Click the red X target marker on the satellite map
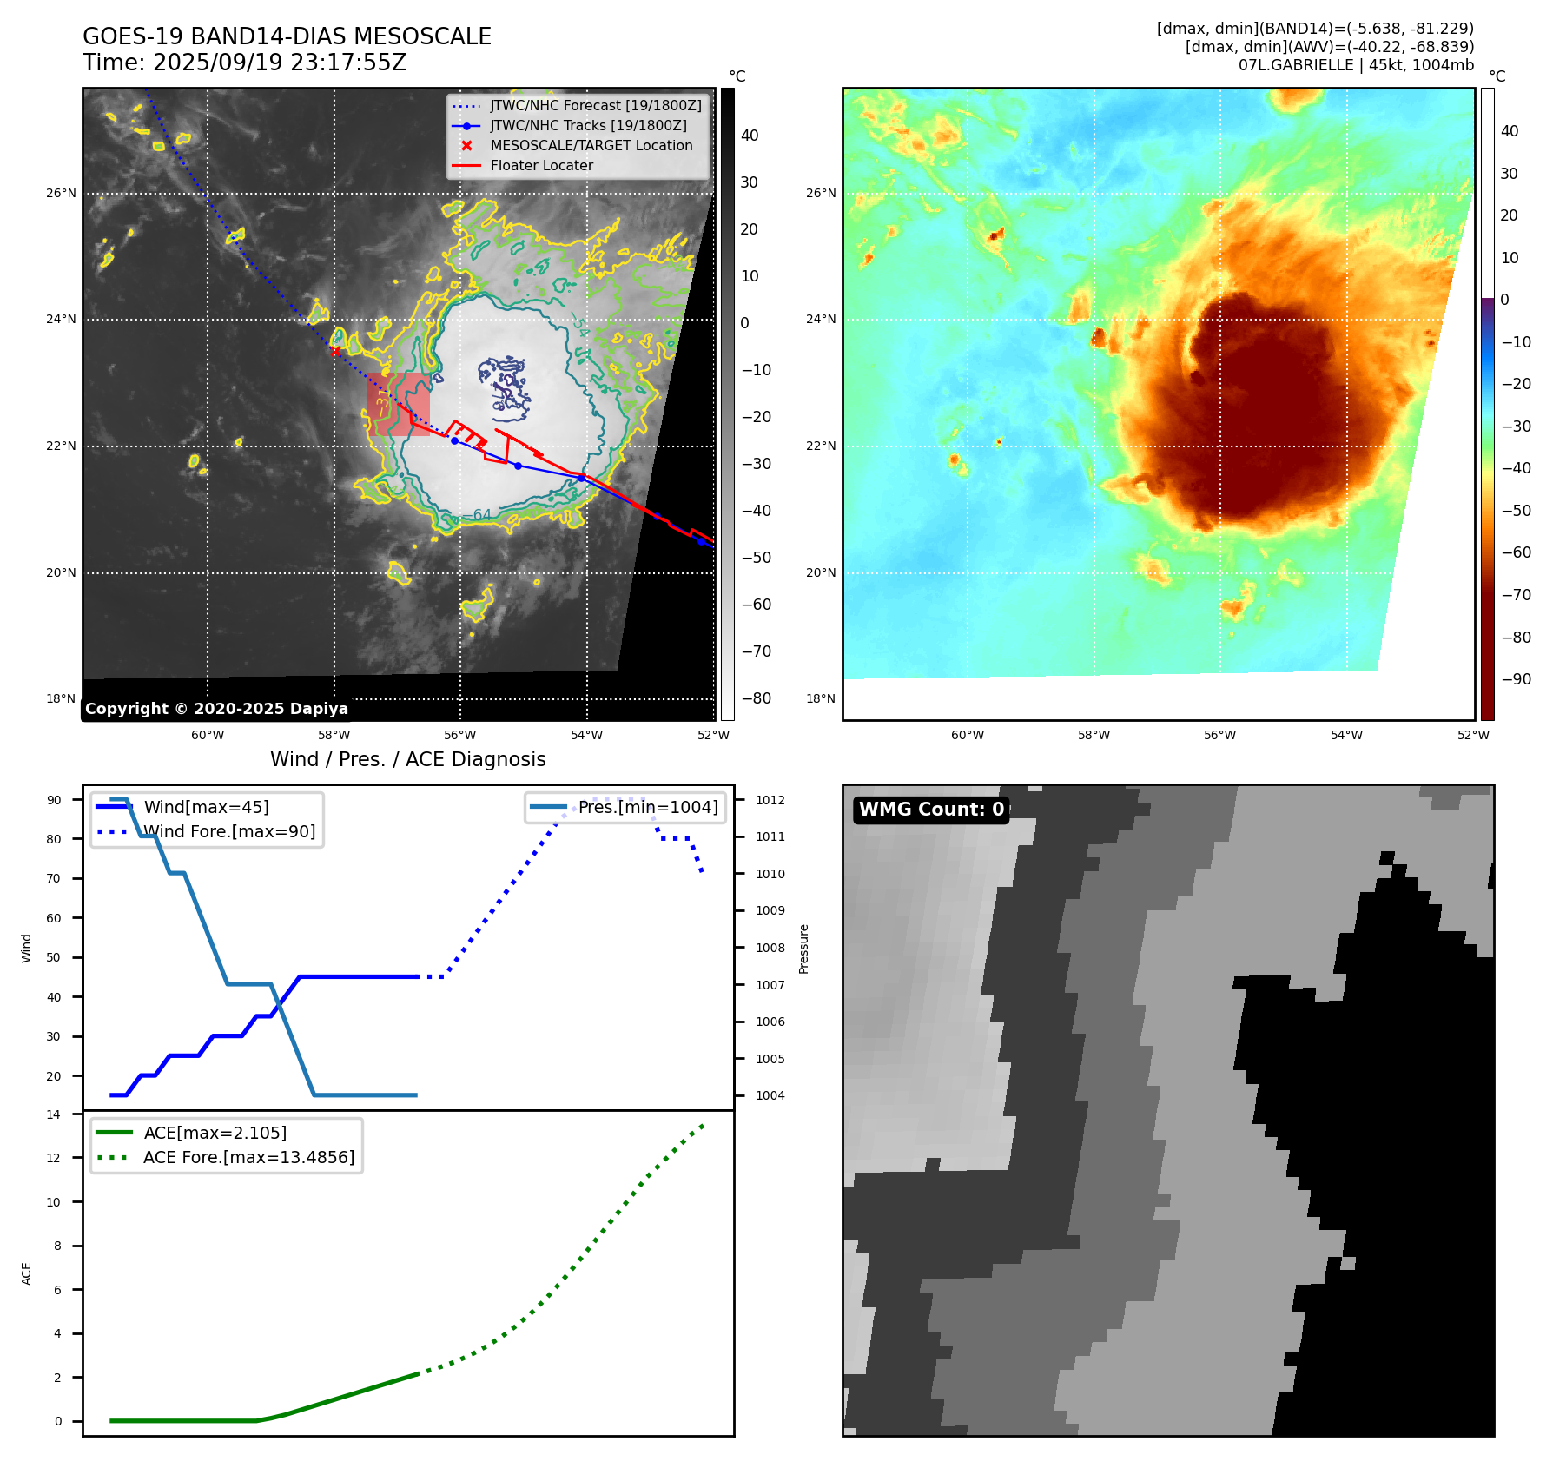pos(336,351)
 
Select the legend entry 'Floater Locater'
pos(541,166)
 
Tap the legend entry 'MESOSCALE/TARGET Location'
pos(591,146)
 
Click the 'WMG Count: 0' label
pos(931,810)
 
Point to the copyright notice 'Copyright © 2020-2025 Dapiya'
pos(216,709)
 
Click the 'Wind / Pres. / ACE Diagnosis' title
pos(408,759)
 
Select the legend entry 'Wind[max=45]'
pos(206,807)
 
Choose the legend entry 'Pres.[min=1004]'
pos(648,807)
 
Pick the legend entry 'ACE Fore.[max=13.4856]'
pos(248,1157)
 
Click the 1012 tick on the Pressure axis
pos(770,800)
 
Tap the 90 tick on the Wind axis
pos(54,800)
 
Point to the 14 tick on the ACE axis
pos(54,1114)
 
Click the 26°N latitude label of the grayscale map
pos(61,193)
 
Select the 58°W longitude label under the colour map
pos(1094,735)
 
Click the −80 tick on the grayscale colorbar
pos(750,698)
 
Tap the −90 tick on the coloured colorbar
pos(1516,679)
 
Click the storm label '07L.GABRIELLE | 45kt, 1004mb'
pos(1356,65)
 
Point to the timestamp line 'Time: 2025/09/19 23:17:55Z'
pos(244,63)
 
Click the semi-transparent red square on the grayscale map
pos(398,404)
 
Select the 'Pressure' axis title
pos(803,949)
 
